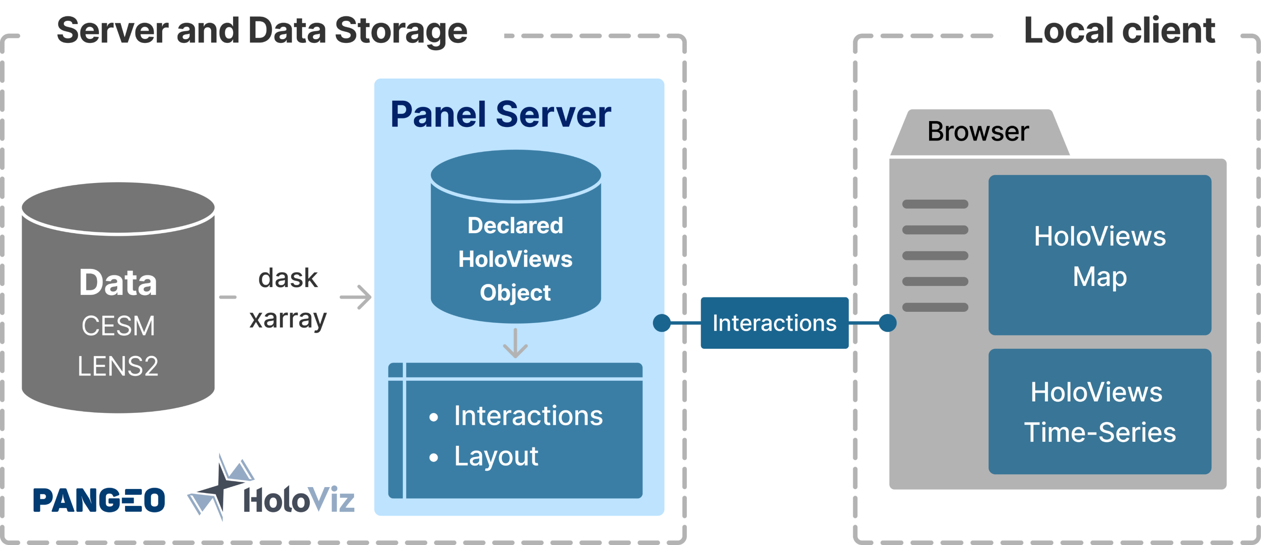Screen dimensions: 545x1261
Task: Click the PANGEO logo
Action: click(100, 500)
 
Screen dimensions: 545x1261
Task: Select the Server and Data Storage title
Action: click(262, 30)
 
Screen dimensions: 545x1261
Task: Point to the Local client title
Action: click(1119, 30)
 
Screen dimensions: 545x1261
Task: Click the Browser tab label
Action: click(978, 132)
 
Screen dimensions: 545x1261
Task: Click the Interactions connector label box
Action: click(774, 323)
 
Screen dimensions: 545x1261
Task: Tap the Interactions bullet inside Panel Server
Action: click(528, 416)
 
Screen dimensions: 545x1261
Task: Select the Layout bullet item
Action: click(496, 456)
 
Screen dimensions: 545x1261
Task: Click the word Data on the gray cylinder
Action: click(118, 283)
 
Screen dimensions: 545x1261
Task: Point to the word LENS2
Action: click(118, 366)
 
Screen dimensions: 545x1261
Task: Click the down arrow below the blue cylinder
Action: click(515, 344)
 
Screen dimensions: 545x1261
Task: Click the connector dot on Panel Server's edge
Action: click(662, 323)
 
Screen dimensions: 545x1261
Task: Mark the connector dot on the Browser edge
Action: click(887, 323)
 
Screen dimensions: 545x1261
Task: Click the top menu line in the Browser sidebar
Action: click(935, 204)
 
